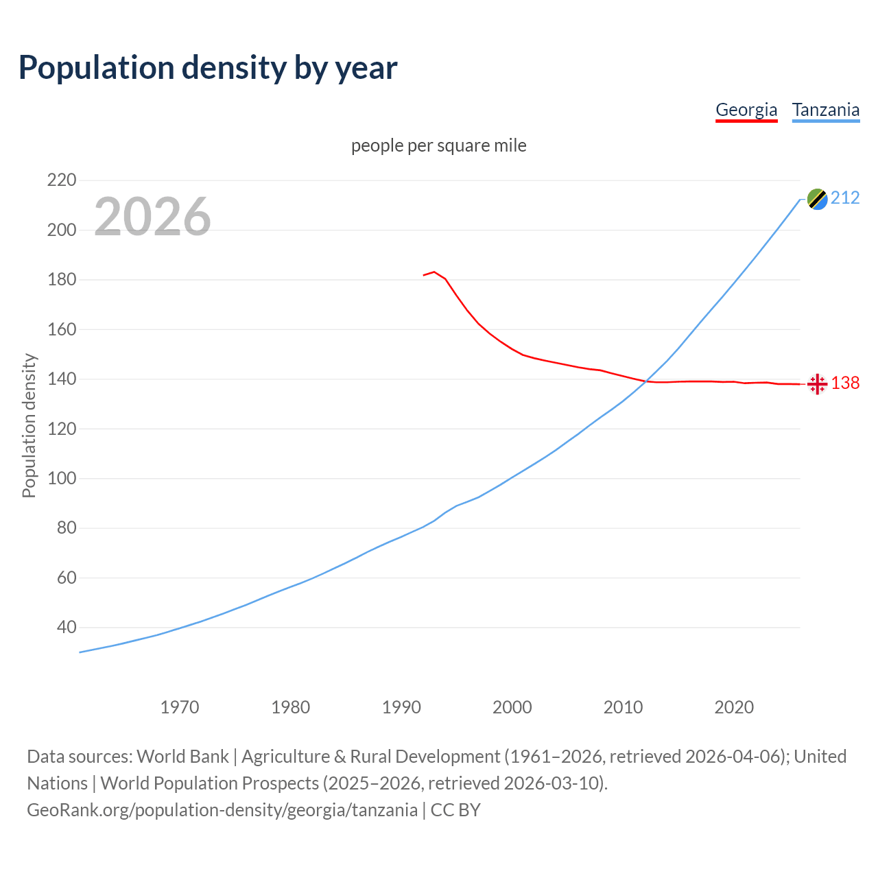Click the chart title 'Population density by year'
(x=208, y=68)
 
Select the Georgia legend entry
(x=746, y=110)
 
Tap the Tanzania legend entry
(x=825, y=110)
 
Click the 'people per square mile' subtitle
(x=438, y=145)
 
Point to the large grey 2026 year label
(x=152, y=217)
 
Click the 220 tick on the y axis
(x=62, y=180)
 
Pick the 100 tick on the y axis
(x=62, y=478)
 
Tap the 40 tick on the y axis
(x=67, y=627)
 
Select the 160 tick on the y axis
(x=62, y=329)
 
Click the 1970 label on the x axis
(x=180, y=707)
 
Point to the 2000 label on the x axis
(x=512, y=707)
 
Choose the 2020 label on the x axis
(x=734, y=707)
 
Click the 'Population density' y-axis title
(x=29, y=425)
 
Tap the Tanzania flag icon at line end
(x=817, y=199)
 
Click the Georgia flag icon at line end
(x=817, y=384)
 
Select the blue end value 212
(x=845, y=198)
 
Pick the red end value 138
(x=845, y=383)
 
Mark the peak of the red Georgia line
(x=434, y=272)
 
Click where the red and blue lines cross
(x=646, y=381)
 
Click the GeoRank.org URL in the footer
(x=222, y=809)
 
